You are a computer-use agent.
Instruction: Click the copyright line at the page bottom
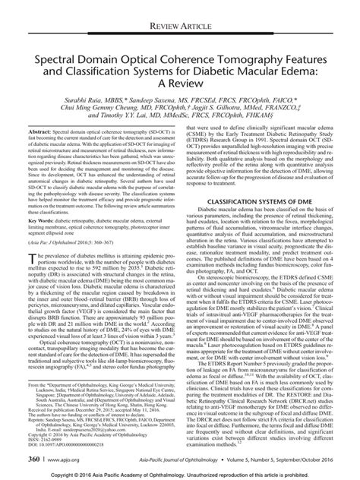point(180,474)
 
